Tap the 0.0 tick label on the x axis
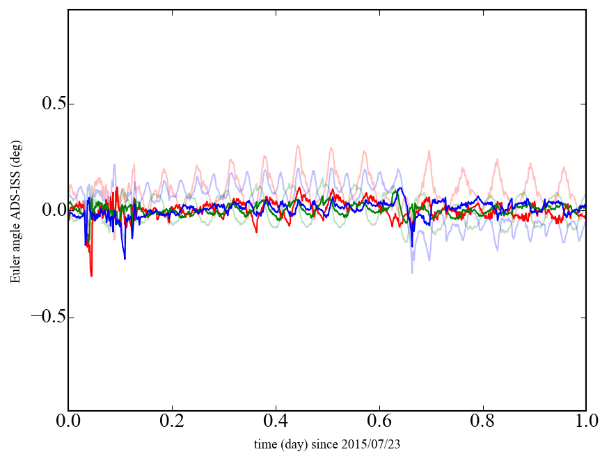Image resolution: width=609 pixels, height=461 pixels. pyautogui.click(x=68, y=422)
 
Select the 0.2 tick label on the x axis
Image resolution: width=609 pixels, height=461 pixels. pyautogui.click(x=172, y=422)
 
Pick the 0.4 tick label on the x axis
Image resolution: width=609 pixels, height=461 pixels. pyautogui.click(x=276, y=422)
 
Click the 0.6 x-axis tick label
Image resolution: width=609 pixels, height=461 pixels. pyautogui.click(x=379, y=422)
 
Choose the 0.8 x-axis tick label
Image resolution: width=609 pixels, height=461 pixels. pyautogui.click(x=483, y=422)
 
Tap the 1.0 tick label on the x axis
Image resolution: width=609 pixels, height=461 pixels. pyautogui.click(x=585, y=422)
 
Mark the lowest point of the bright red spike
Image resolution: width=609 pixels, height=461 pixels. pyautogui.click(x=91, y=276)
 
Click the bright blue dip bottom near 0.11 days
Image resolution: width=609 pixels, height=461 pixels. pyautogui.click(x=125, y=259)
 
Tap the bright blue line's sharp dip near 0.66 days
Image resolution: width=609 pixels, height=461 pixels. pyautogui.click(x=412, y=247)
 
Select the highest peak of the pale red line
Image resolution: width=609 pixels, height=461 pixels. pyautogui.click(x=298, y=146)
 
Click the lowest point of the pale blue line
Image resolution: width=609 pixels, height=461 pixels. pyautogui.click(x=412, y=272)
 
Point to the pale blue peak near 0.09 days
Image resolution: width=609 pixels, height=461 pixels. pyautogui.click(x=114, y=164)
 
